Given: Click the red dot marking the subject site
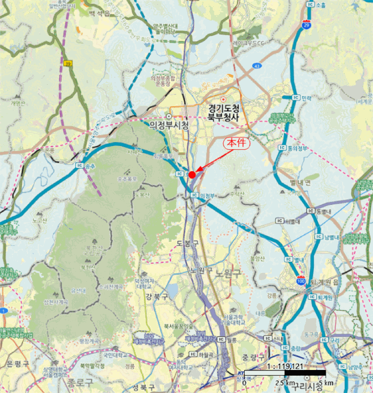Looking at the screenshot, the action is (x=192, y=175).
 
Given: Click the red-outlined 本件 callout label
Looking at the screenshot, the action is (x=236, y=143).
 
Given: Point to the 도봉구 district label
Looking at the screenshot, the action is (x=188, y=243).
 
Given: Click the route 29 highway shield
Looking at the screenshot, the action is (x=305, y=25).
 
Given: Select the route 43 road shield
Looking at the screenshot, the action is (x=257, y=66).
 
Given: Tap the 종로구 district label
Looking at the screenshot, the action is (x=78, y=383).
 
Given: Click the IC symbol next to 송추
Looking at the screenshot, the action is (x=78, y=166).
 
